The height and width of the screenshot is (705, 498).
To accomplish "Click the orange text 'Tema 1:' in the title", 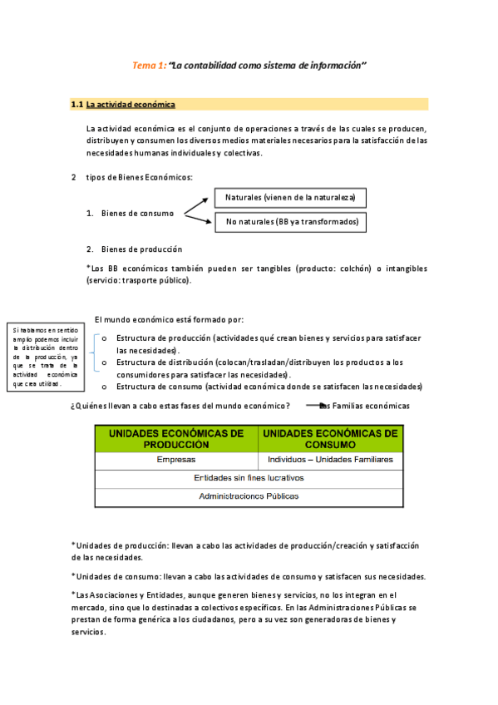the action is click(x=150, y=65).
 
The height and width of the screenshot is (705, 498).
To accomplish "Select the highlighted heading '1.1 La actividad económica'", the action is click(x=123, y=105).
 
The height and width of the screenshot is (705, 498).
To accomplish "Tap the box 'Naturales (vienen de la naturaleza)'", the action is click(x=290, y=198).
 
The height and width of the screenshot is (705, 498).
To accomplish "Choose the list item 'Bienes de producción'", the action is click(x=141, y=249).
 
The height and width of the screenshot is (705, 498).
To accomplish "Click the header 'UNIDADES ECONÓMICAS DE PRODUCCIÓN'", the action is click(x=176, y=439).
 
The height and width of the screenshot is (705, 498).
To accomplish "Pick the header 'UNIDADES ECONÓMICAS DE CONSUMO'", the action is click(x=330, y=439).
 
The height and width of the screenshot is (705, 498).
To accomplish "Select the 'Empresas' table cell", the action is click(x=176, y=460).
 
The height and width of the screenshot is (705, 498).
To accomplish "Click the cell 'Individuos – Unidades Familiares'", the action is click(x=330, y=460).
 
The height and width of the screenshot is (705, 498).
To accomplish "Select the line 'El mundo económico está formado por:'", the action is click(x=170, y=320).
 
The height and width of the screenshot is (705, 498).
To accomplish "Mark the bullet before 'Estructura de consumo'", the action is click(x=104, y=387).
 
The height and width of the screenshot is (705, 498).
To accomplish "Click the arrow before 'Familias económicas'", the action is click(x=313, y=406).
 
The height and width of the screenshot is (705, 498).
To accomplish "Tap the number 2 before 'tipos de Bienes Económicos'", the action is click(x=74, y=177).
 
